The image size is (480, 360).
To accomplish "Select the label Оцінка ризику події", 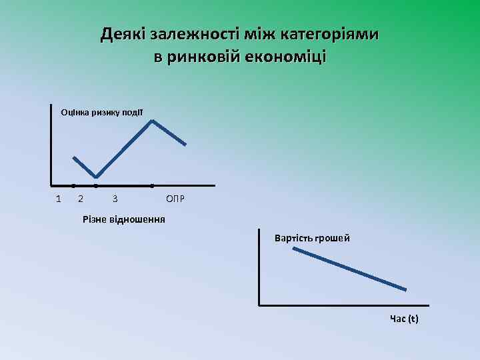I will coord(101,112).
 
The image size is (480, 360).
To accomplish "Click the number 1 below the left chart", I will coord(58,199).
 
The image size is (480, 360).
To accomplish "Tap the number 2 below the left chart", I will coord(81,199).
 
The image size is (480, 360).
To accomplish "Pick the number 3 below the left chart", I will coord(115,199).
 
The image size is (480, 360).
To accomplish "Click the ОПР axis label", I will coord(175,199).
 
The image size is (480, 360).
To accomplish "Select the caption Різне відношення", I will coord(123,219).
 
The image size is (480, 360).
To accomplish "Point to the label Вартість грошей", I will coord(312,238).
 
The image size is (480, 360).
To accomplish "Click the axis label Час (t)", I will coord(404,319).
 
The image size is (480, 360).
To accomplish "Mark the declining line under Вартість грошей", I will coord(349,269).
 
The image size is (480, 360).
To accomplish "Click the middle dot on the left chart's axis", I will coord(96,185).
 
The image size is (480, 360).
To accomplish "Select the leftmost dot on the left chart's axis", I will coord(73,185).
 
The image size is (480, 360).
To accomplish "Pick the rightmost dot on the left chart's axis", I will coord(152,185).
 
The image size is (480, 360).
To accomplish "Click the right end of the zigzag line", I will coord(185,144).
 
